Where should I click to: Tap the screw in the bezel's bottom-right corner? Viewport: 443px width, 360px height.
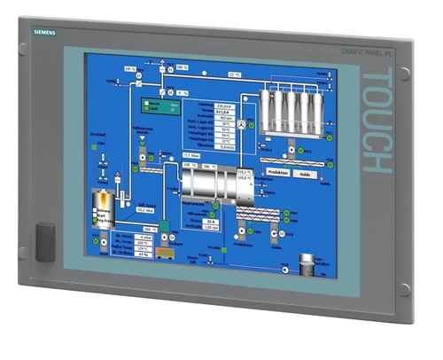tap(404, 289)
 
